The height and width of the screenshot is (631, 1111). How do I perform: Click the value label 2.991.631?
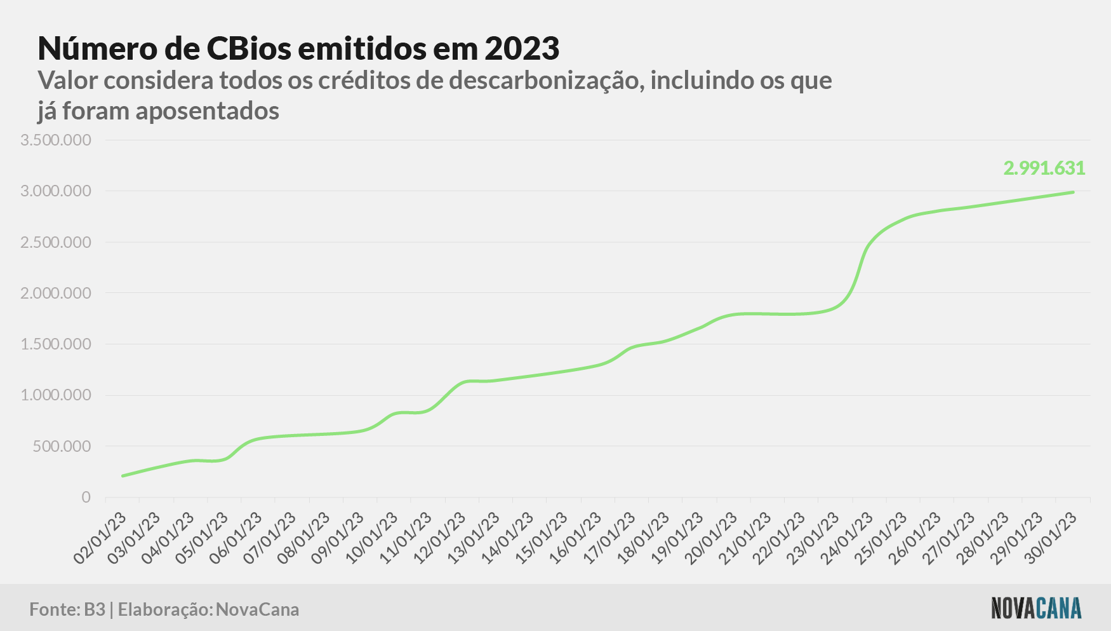1044,168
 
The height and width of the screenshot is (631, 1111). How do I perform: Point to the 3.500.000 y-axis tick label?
56,140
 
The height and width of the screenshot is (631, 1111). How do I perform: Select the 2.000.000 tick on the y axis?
56,293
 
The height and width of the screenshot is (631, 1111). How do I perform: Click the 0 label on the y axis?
86,497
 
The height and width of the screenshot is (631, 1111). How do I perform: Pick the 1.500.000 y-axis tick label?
56,344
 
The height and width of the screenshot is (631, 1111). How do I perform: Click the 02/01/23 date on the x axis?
100,539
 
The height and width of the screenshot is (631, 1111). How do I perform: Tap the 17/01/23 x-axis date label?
609,539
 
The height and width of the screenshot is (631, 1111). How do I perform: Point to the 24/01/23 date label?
846,539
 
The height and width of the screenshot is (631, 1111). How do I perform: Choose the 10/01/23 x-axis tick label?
371,539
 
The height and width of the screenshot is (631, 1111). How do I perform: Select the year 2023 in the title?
522,48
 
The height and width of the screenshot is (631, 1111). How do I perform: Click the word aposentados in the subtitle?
208,112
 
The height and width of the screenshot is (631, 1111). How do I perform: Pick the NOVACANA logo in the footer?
1036,608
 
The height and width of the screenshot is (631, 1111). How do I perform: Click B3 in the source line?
95,609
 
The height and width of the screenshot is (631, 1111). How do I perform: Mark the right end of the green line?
1073,192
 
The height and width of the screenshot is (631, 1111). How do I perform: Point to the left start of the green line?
123,476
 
